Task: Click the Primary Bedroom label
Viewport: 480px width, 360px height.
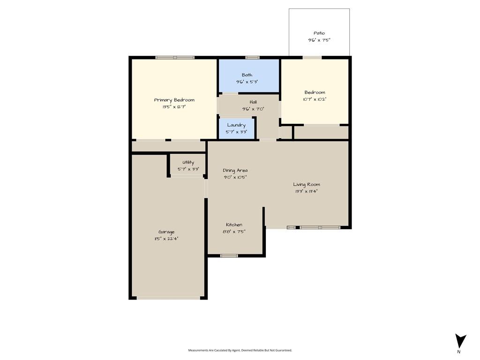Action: pos(174,100)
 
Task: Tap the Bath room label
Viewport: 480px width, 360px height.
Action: pos(247,75)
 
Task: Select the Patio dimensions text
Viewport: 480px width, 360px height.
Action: pos(319,40)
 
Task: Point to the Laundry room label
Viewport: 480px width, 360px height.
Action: pos(236,125)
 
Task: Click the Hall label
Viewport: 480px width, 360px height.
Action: pos(253,102)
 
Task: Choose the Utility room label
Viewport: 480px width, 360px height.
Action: pos(188,162)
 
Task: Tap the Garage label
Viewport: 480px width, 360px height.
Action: pos(166,232)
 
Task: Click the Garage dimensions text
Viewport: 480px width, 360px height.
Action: pos(166,239)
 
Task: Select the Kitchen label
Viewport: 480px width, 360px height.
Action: pos(234,225)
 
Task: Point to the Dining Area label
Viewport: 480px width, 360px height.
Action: pos(235,170)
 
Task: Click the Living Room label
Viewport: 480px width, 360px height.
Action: pos(307,184)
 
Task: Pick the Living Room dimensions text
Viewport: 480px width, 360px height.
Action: pos(307,191)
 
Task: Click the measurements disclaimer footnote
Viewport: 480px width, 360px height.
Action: pos(240,350)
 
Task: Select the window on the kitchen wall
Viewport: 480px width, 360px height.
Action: pos(229,255)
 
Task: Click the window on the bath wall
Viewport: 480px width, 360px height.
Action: pos(253,57)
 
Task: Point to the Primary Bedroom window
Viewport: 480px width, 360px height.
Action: pos(175,57)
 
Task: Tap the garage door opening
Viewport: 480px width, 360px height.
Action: pos(168,298)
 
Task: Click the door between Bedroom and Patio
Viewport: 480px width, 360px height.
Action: pos(312,57)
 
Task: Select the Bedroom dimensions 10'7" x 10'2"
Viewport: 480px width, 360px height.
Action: pos(315,99)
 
